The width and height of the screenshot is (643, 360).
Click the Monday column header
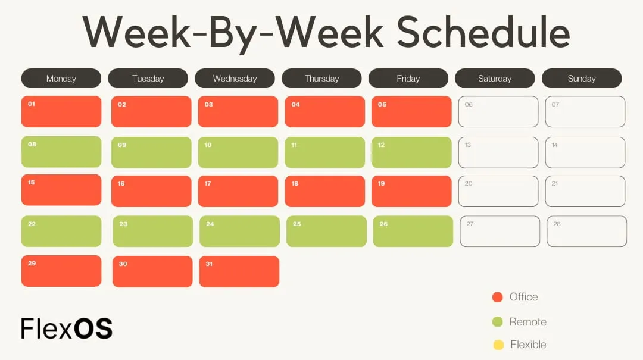(61, 79)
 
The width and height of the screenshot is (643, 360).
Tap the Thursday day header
(321, 79)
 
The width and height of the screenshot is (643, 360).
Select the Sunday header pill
(582, 79)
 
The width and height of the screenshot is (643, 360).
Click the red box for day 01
(61, 112)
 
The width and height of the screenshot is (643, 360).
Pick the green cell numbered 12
(411, 152)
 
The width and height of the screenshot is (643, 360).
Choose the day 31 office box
(239, 272)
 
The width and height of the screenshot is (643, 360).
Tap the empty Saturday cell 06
(498, 112)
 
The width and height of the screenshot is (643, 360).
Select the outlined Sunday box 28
(587, 231)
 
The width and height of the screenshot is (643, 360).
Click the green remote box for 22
(61, 231)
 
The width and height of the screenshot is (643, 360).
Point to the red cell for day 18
(325, 192)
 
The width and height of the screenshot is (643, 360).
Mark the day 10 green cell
(238, 152)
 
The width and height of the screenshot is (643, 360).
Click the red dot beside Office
(498, 298)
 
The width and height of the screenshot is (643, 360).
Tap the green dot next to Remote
(498, 322)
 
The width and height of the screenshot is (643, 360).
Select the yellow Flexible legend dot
(498, 345)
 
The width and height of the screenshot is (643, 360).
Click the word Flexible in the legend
(528, 345)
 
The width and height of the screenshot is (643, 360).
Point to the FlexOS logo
(67, 328)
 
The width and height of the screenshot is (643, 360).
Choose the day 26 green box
(413, 231)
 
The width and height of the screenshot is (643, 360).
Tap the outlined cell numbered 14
(585, 152)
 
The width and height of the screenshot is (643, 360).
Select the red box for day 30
(152, 272)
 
